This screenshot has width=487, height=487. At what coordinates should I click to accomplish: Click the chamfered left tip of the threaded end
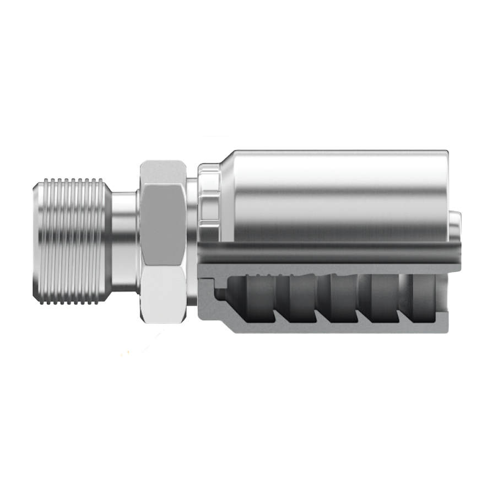pos(35,240)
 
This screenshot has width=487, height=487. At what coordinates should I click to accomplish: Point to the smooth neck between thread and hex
pos(124,240)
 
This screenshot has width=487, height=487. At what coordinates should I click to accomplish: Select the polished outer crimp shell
pos(336,193)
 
